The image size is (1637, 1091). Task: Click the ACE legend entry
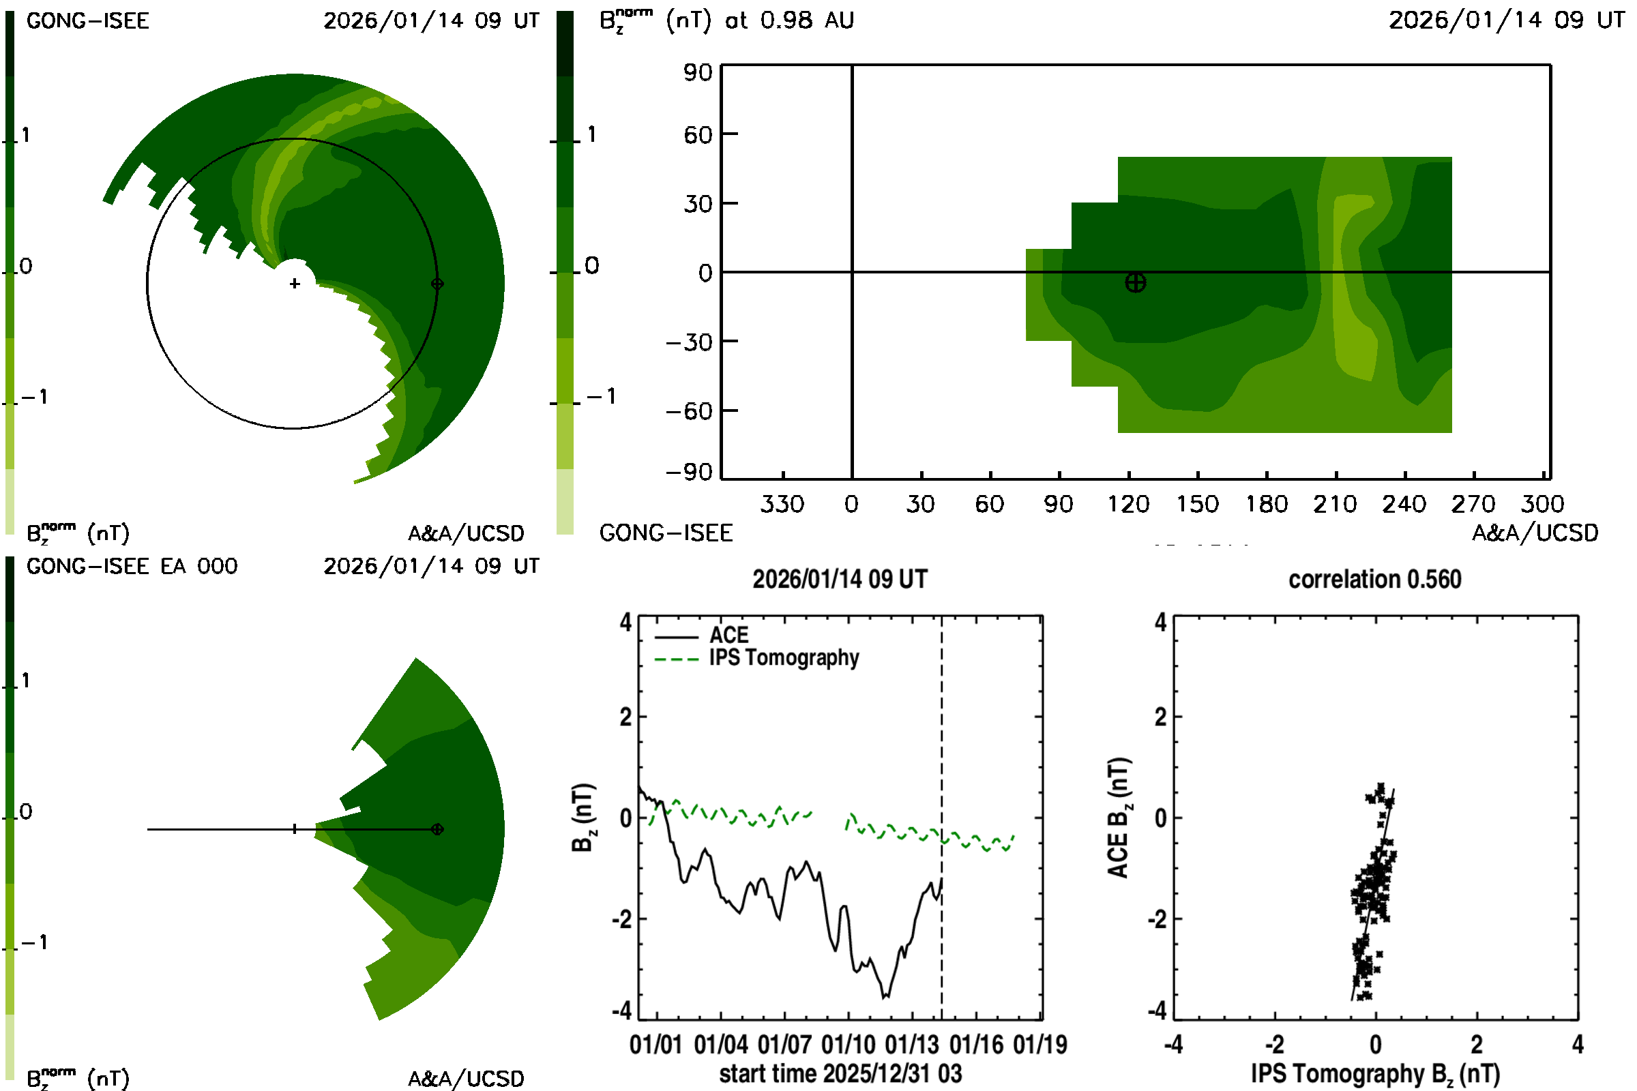pos(728,636)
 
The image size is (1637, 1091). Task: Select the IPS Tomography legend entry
pos(784,658)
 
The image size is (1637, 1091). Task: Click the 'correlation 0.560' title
pos(1374,580)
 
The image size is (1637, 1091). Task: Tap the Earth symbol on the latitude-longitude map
pos(1135,282)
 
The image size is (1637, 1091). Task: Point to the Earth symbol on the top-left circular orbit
pos(437,284)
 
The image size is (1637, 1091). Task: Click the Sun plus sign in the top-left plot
pos(295,284)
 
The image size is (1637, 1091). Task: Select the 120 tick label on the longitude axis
pos(1128,504)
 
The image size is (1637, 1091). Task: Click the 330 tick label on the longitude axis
pos(782,504)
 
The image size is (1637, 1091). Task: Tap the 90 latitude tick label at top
pos(698,72)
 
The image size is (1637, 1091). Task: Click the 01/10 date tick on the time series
pos(849,1045)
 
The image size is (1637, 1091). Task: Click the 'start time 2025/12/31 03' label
pos(840,1073)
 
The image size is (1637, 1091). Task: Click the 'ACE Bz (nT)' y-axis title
pos(1119,818)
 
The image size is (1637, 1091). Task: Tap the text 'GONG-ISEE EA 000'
pos(132,567)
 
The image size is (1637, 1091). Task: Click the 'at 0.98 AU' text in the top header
pos(789,20)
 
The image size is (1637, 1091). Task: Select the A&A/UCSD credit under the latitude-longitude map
pos(1535,533)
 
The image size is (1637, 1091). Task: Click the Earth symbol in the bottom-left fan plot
pos(437,829)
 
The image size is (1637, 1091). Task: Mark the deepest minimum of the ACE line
pos(884,998)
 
